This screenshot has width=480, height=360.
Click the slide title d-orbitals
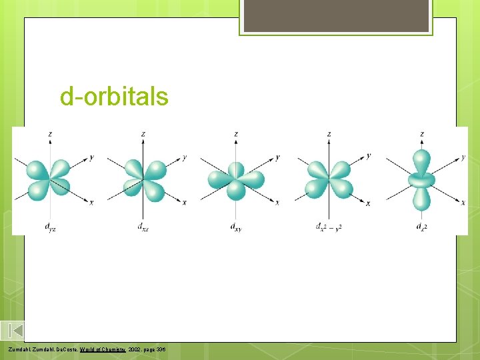coord(114,97)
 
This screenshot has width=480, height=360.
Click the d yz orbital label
coord(50,228)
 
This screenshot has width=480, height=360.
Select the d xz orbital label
coord(143,228)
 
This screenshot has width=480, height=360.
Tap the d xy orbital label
coord(236,228)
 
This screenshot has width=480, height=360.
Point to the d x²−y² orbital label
coord(329,227)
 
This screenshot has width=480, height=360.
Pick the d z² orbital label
coord(422,227)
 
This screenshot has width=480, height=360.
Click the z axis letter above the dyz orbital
coord(50,134)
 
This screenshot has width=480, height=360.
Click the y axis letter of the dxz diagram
coord(184,158)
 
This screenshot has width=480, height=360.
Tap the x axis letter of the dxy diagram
coord(277,202)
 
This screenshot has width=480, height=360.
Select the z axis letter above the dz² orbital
coord(422,134)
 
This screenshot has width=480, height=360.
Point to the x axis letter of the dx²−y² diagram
coord(368,203)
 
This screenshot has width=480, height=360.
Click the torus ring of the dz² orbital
coord(422,179)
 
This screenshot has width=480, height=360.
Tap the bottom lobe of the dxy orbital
coord(236,191)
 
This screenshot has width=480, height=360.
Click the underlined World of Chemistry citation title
coord(104,349)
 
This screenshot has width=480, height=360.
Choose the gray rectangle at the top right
coord(336,15)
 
